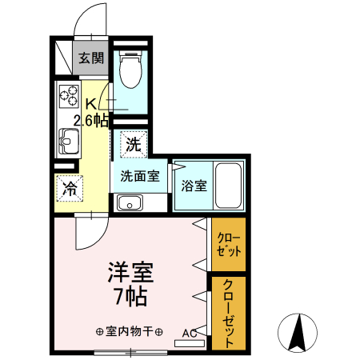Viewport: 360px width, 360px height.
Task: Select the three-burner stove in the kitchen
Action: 67,99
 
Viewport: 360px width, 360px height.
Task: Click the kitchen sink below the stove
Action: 66,145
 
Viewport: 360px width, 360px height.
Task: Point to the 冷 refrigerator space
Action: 70,190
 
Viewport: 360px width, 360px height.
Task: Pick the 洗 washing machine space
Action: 134,145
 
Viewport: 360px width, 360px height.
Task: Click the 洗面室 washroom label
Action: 139,175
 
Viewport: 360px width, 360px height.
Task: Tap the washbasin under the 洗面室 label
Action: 128,202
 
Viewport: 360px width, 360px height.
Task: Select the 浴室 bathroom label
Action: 194,186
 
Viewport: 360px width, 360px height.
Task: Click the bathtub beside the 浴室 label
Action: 230,186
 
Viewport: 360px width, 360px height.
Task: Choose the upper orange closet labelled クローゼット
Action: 229,244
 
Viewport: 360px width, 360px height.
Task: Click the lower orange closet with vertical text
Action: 229,312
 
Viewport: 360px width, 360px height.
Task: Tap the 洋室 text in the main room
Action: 130,272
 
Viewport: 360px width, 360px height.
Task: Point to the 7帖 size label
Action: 130,298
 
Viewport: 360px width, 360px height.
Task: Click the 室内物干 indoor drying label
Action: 130,331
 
